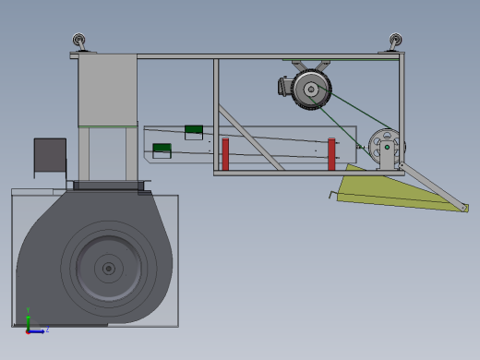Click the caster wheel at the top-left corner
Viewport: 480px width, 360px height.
pyautogui.click(x=80, y=42)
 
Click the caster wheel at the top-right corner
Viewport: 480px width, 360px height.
pyautogui.click(x=395, y=42)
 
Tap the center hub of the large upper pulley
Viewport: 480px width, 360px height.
pyautogui.click(x=311, y=90)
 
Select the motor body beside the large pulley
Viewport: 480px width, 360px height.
pyautogui.click(x=285, y=87)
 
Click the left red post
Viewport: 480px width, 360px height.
pyautogui.click(x=224, y=154)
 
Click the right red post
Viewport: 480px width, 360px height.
pyautogui.click(x=331, y=154)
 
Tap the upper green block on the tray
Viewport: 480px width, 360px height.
pyautogui.click(x=194, y=131)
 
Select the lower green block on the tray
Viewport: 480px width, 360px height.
pyautogui.click(x=162, y=149)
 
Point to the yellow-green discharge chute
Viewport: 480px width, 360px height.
pyautogui.click(x=388, y=191)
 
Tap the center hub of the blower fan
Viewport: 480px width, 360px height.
pyautogui.click(x=108, y=269)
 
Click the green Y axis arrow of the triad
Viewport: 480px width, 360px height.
pyautogui.click(x=28, y=316)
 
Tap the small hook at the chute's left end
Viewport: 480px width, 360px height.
pyautogui.click(x=332, y=194)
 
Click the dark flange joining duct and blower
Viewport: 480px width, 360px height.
pyautogui.click(x=106, y=186)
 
